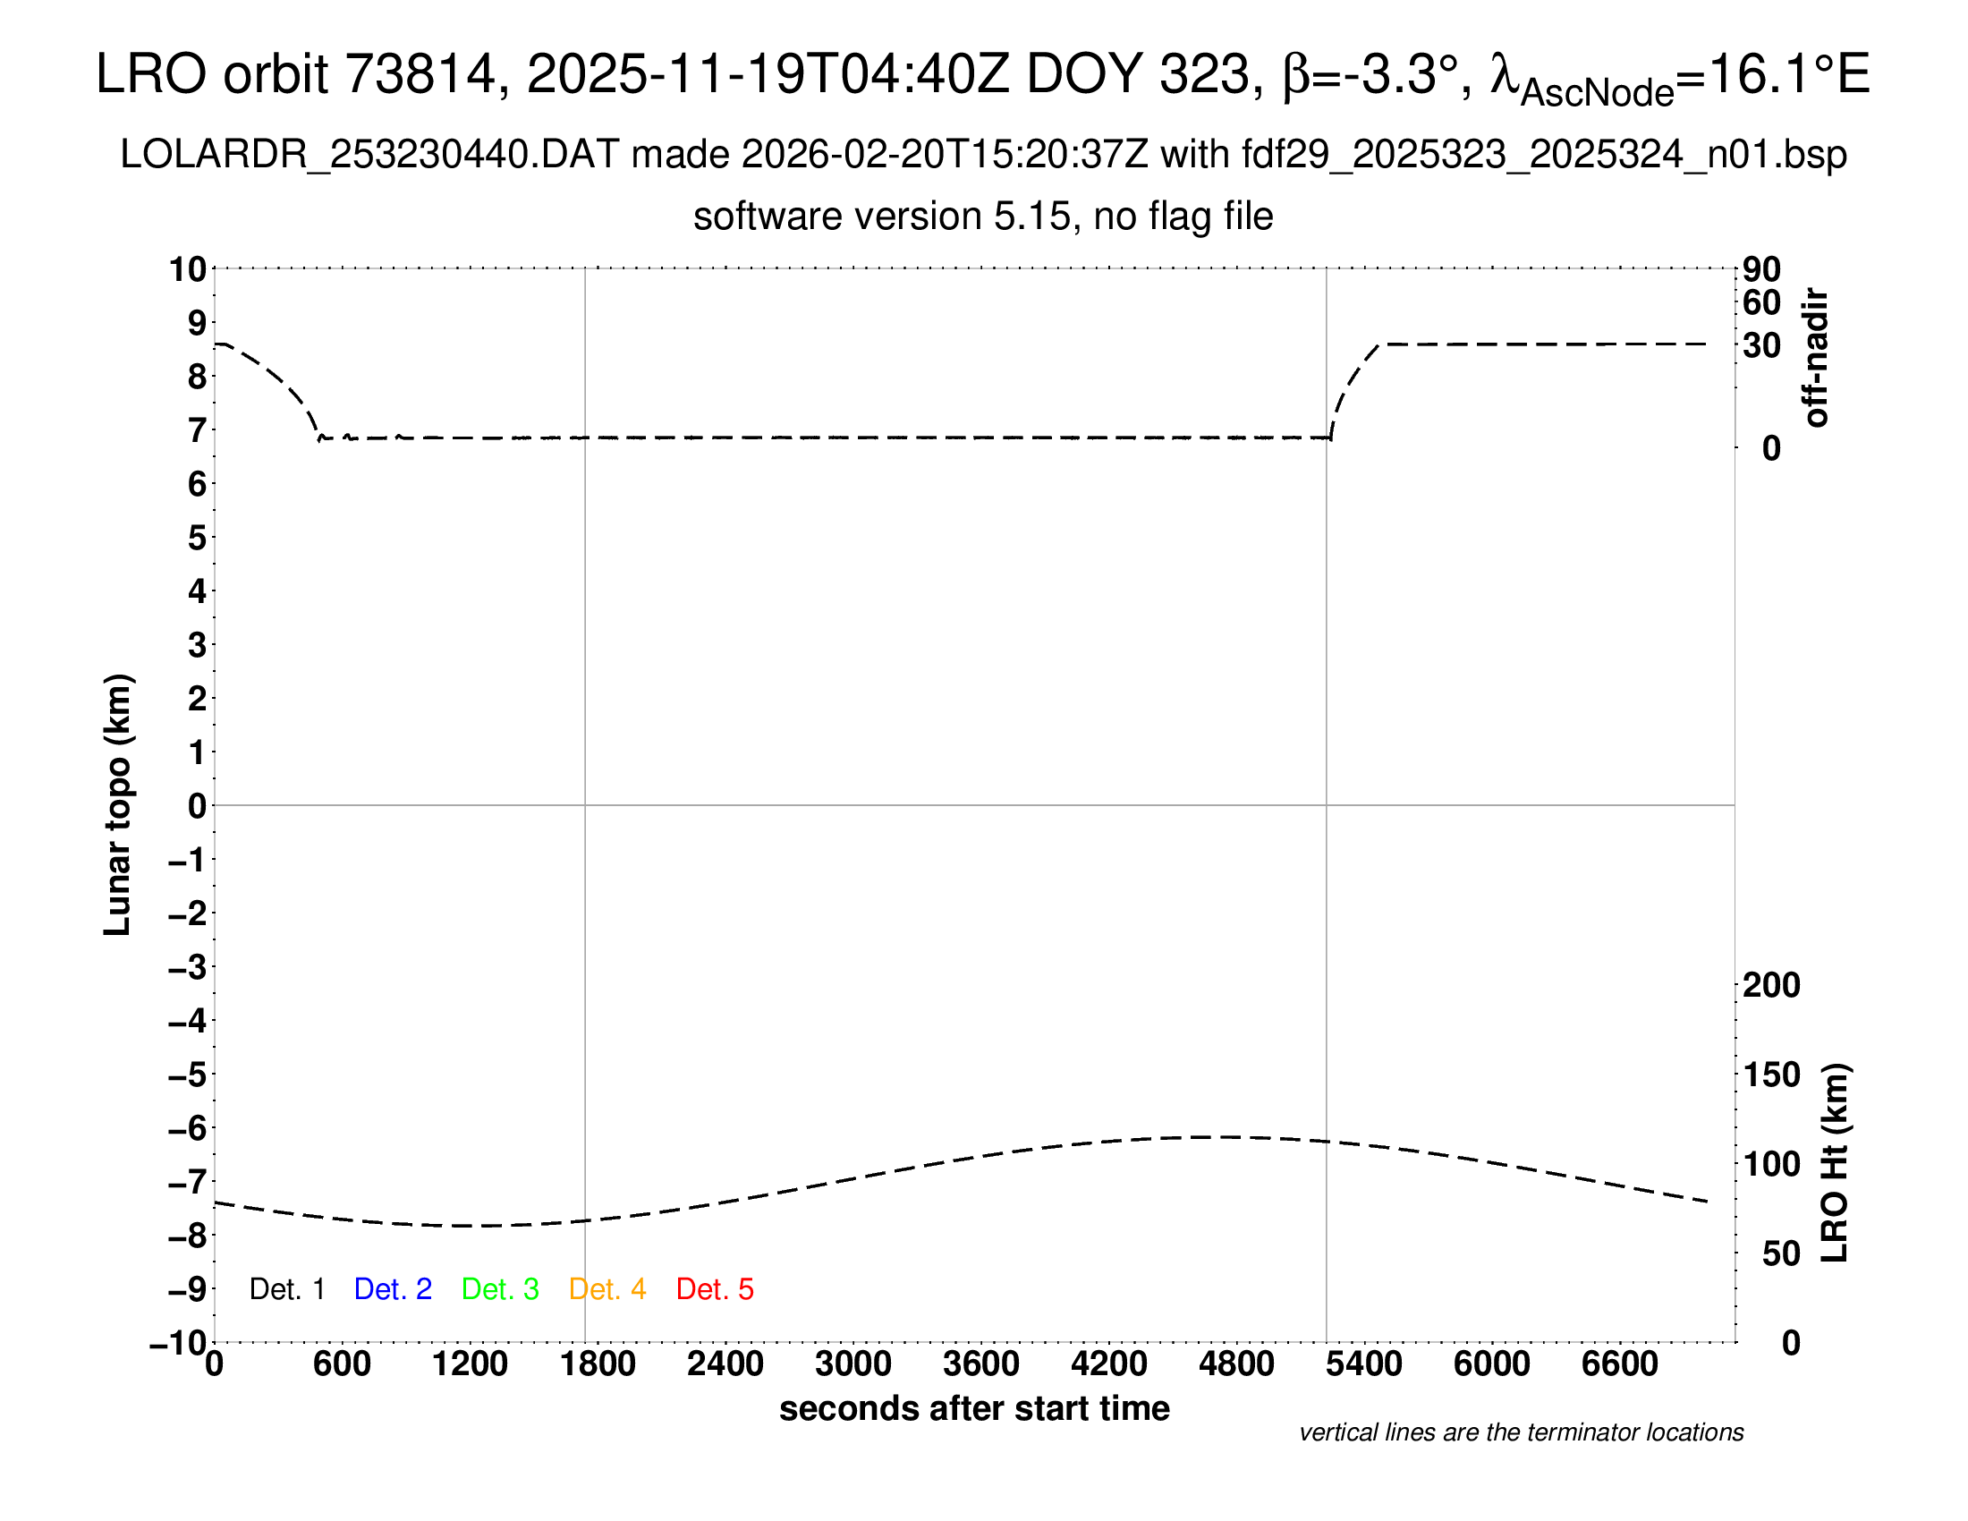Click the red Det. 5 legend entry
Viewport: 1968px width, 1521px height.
(x=715, y=1289)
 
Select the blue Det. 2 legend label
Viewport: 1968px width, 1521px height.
(x=393, y=1289)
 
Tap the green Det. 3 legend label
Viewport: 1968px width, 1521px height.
(x=500, y=1289)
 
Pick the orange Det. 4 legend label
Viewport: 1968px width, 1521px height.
(x=607, y=1289)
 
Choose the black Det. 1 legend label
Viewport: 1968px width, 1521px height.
(x=286, y=1289)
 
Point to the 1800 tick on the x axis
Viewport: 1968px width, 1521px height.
(x=598, y=1364)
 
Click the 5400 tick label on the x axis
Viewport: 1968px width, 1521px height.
(x=1364, y=1364)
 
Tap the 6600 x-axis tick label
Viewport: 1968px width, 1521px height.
(x=1619, y=1364)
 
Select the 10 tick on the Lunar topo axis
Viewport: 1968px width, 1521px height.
(x=189, y=269)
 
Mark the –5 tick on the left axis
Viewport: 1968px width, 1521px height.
(x=189, y=1075)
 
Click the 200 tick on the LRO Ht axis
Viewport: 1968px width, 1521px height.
(x=1771, y=985)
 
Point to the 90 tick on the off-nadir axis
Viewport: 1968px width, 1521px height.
(x=1761, y=269)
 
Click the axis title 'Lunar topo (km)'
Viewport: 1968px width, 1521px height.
(x=117, y=804)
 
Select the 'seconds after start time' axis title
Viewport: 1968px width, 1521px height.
(x=974, y=1408)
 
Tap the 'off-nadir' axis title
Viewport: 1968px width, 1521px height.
(x=1815, y=358)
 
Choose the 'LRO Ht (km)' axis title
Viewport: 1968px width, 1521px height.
(x=1835, y=1163)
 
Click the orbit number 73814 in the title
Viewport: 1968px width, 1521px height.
(x=420, y=74)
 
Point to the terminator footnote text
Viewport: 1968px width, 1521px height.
(x=1521, y=1432)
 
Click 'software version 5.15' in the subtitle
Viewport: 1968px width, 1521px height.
(x=882, y=217)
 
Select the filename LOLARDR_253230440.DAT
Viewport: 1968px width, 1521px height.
(x=369, y=155)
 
